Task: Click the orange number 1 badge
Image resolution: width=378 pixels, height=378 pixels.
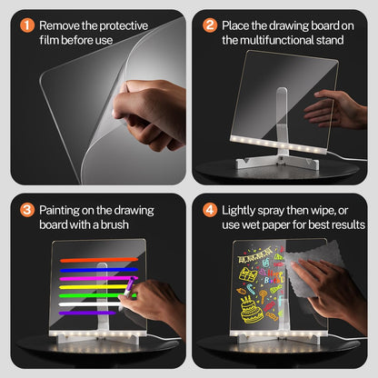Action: [27, 25]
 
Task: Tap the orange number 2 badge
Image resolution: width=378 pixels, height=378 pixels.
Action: [210, 25]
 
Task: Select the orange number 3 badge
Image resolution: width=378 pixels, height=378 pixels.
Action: [27, 210]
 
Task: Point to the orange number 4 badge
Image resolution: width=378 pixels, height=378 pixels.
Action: [210, 210]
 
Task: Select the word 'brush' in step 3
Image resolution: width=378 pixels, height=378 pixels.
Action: [114, 224]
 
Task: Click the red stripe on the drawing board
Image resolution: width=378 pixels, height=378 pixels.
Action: [99, 260]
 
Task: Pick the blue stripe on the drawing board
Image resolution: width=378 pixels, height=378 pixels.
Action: [99, 270]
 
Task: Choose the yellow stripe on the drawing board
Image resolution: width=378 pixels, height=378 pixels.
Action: [94, 286]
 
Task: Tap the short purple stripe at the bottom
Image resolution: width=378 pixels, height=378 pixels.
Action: [87, 313]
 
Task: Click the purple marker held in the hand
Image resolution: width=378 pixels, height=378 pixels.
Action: [130, 286]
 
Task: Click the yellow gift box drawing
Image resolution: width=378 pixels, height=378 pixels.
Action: [248, 274]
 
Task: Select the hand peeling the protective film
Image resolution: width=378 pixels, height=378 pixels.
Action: [149, 115]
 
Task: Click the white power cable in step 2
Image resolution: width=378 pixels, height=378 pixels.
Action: [347, 157]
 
